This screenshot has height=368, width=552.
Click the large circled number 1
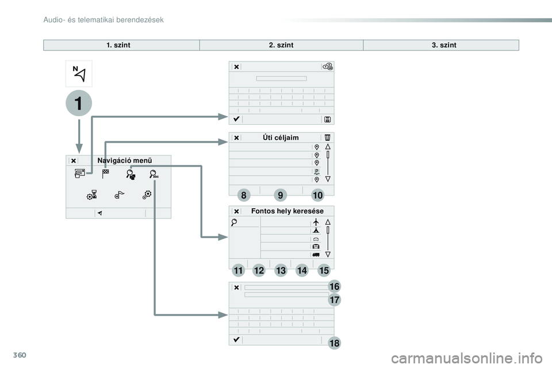[78, 103]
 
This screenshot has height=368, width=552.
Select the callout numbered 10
[319, 195]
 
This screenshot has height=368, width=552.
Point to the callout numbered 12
[258, 270]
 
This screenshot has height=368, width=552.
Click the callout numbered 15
[323, 270]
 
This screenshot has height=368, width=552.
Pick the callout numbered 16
[335, 286]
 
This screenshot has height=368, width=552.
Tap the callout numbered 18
[335, 343]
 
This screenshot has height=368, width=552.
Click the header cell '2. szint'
[281, 45]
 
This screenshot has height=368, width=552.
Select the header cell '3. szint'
[444, 45]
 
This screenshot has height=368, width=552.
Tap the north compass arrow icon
[78, 74]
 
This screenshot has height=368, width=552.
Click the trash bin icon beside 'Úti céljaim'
[327, 137]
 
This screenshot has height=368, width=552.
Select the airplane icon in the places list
[316, 222]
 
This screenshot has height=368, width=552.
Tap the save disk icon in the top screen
[327, 119]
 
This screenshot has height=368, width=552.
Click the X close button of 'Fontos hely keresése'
[236, 211]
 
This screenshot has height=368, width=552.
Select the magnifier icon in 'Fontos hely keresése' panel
[234, 223]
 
